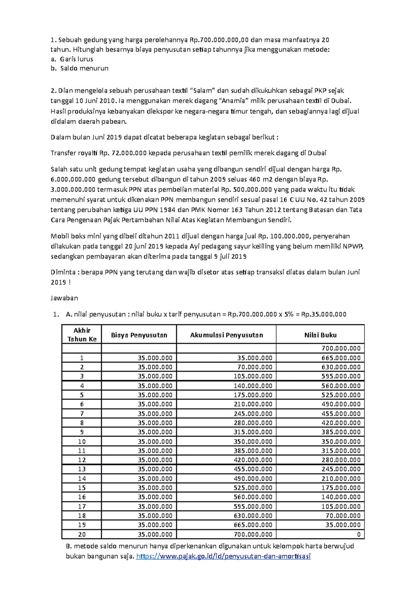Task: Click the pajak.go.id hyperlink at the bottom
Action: point(223,556)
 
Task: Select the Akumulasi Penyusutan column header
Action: point(226,335)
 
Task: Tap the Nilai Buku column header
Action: point(320,335)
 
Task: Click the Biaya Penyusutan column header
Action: point(139,335)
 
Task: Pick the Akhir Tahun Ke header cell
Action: point(82,335)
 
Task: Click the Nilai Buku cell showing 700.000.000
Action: point(341,348)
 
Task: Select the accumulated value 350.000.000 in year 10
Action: point(253,441)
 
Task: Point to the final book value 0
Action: point(359,534)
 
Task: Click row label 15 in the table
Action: point(82,488)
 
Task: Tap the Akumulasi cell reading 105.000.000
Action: point(253,376)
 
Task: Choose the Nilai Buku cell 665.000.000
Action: point(341,358)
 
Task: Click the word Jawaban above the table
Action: point(64,298)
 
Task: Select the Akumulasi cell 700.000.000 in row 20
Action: point(253,534)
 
